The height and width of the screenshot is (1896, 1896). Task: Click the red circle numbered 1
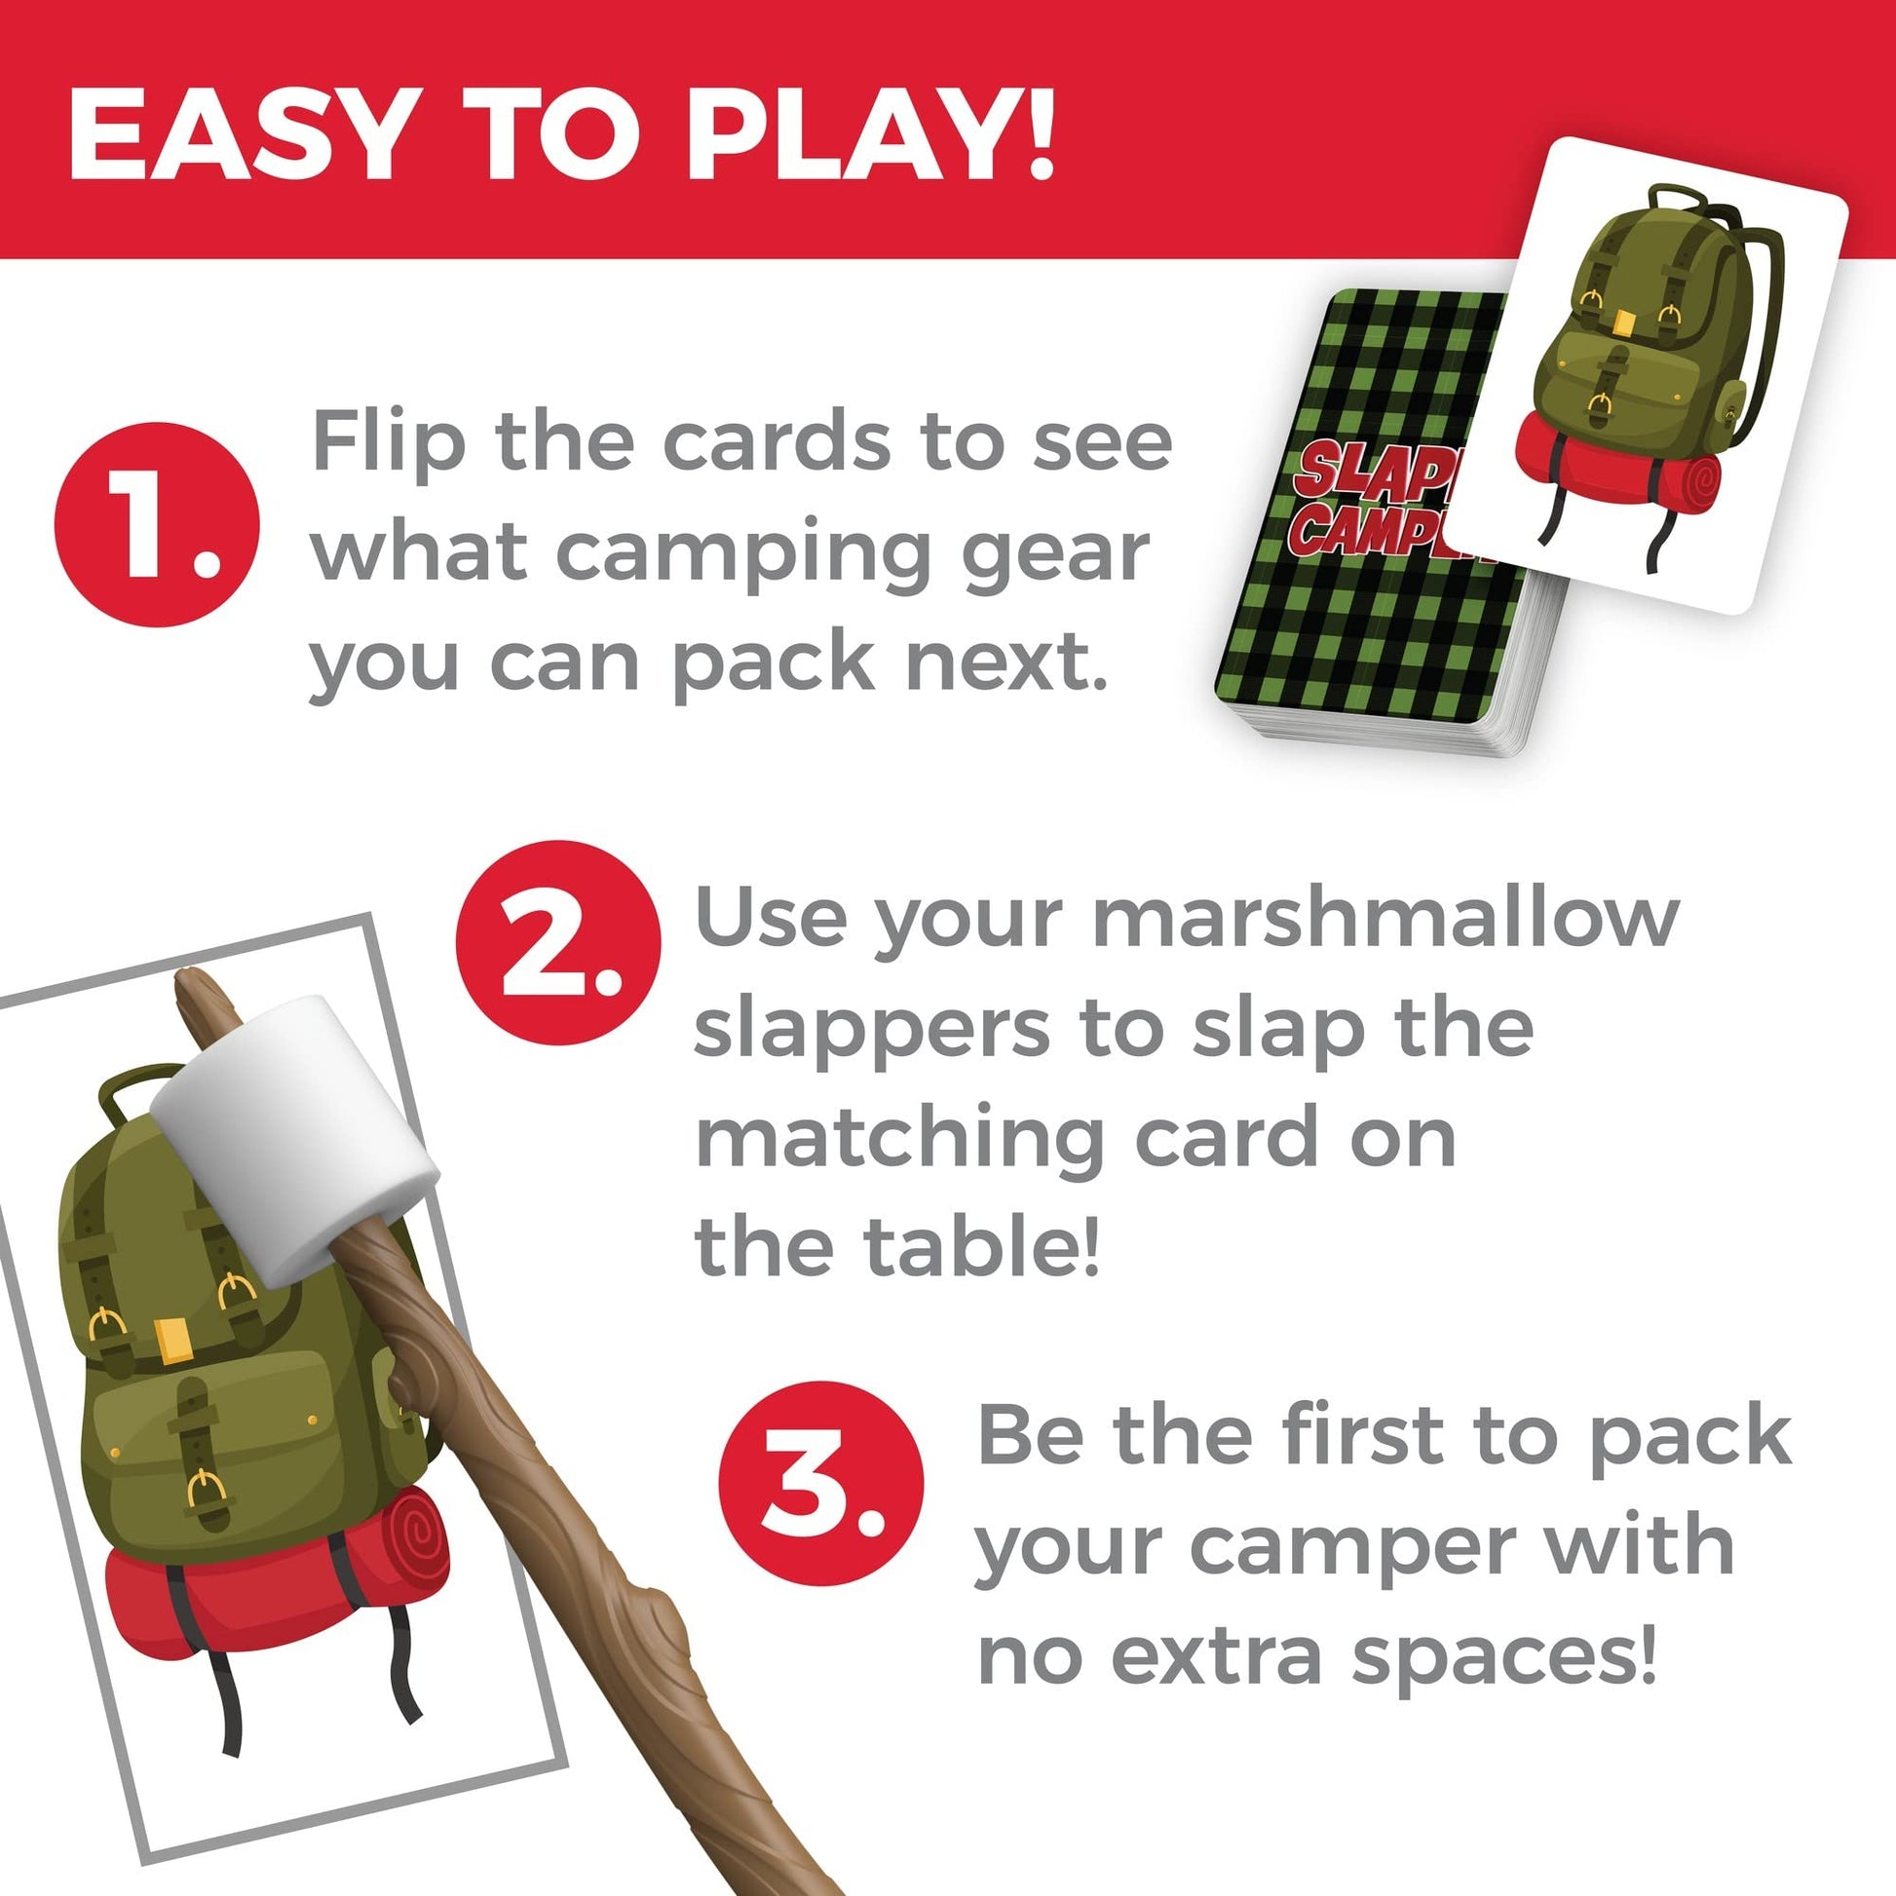(157, 524)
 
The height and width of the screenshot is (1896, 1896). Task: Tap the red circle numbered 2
(558, 942)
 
